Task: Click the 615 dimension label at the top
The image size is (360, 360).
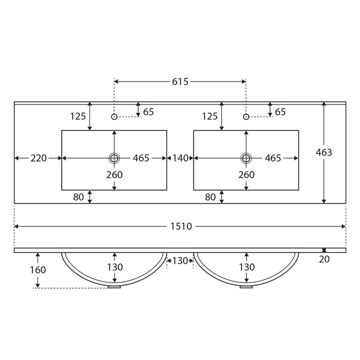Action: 180,81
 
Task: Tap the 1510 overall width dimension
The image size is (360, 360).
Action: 181,226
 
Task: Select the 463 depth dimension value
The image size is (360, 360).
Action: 323,152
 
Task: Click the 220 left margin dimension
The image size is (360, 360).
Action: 38,158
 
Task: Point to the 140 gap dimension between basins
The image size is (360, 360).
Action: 180,158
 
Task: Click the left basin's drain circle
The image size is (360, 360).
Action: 114,158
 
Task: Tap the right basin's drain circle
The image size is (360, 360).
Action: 246,158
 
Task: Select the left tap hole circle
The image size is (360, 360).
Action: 114,117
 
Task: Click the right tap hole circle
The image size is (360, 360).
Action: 246,117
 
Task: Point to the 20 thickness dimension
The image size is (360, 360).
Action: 324,259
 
